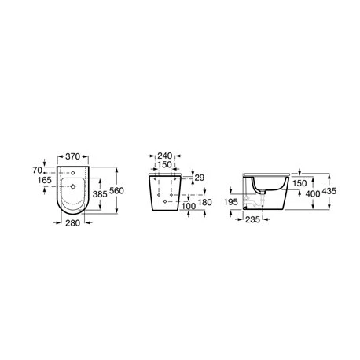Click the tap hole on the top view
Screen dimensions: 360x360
[x=76, y=171]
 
